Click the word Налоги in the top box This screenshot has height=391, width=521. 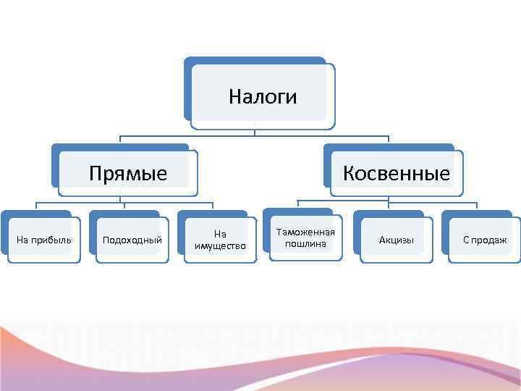point(263,96)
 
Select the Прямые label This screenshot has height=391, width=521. point(128,174)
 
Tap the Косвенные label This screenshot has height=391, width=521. point(397,174)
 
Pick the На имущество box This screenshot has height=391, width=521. point(221,240)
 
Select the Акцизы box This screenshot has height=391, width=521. point(397,240)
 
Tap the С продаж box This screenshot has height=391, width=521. point(485,240)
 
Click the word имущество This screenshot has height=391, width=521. point(221,246)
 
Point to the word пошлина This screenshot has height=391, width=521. point(305,244)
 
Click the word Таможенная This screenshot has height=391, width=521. point(305,232)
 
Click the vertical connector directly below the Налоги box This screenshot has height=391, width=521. point(255,133)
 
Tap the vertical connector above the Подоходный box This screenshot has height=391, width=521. point(124,206)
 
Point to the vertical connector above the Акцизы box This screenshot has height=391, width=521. point(389,204)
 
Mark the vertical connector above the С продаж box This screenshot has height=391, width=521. point(477,205)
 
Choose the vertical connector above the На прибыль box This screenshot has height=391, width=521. point(36,206)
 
